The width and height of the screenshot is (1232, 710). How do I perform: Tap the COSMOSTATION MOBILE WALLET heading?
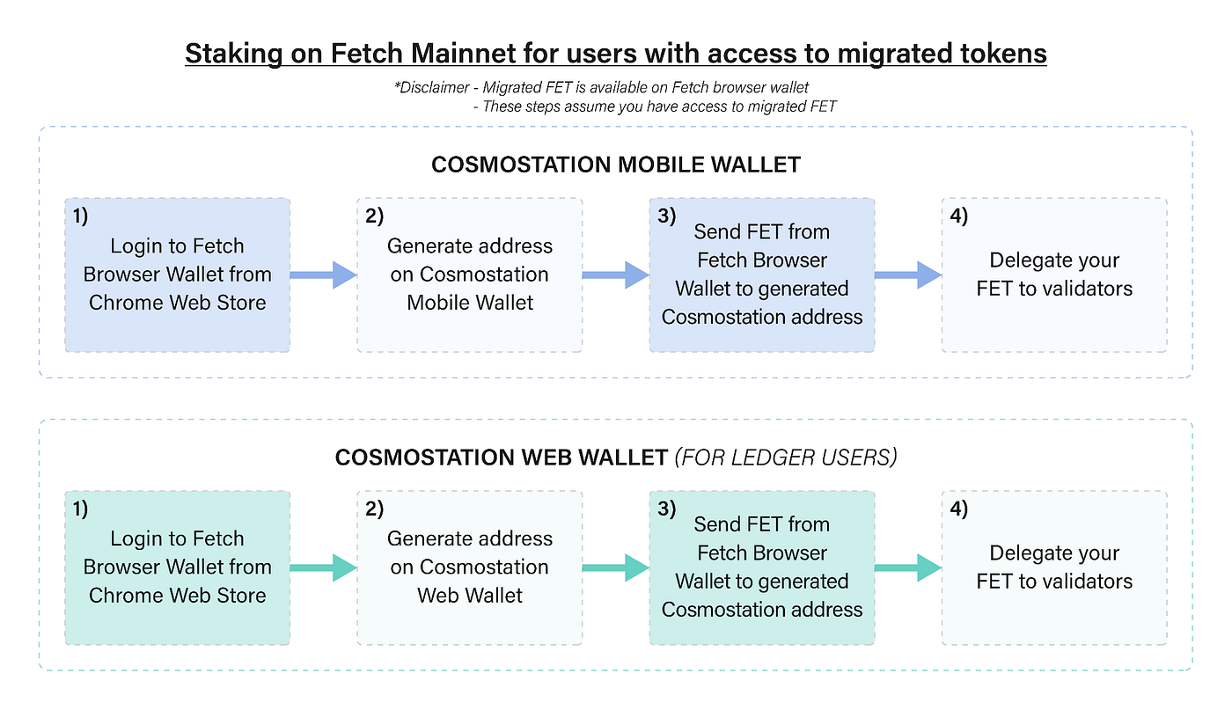[616, 165]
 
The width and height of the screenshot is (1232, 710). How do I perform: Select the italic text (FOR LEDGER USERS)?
[785, 457]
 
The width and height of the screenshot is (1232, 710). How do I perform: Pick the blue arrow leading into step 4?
[907, 274]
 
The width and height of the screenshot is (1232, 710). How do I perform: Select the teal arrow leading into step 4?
[907, 567]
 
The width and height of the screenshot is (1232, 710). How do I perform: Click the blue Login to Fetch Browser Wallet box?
[177, 274]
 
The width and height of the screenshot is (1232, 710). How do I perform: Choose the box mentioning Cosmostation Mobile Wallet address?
[469, 274]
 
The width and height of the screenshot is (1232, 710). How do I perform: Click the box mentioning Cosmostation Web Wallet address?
[469, 567]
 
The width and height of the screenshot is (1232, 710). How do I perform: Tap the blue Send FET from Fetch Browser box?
[762, 274]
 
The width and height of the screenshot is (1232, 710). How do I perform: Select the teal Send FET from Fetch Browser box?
[762, 567]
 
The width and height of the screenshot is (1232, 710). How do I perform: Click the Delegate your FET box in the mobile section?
[1054, 274]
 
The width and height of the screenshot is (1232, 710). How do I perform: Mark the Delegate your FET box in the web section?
[1054, 567]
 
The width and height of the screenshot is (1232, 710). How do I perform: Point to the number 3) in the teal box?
[665, 509]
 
